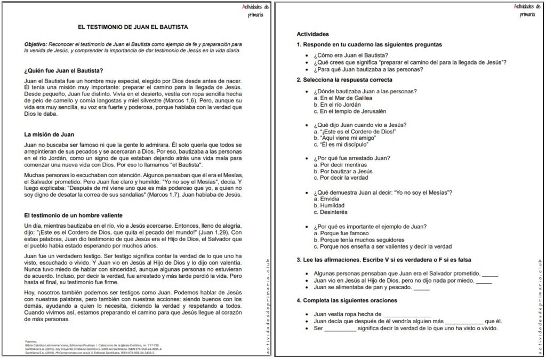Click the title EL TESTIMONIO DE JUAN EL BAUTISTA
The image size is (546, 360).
click(133, 26)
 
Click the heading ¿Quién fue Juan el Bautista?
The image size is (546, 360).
click(63, 70)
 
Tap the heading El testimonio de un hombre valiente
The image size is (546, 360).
click(74, 215)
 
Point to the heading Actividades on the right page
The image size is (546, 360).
click(313, 34)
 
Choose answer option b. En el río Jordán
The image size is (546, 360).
click(341, 105)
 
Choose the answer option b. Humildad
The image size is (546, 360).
click(332, 205)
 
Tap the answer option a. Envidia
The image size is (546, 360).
click(330, 198)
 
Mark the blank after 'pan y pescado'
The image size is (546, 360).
click(421, 288)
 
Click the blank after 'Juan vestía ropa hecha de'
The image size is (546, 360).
click(406, 315)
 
